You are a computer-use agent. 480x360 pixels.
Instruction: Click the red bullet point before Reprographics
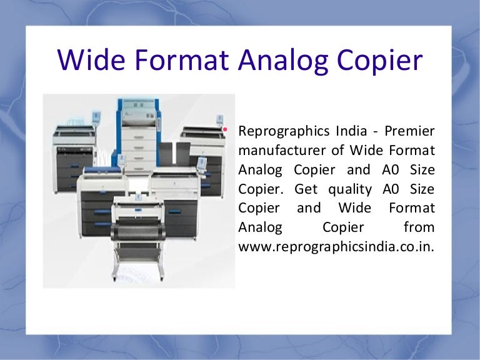224,130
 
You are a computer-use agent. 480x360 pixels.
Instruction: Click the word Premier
411,132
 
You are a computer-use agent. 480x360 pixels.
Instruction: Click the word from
419,227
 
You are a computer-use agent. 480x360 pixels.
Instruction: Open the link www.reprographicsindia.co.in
336,246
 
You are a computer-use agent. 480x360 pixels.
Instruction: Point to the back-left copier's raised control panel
96,117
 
